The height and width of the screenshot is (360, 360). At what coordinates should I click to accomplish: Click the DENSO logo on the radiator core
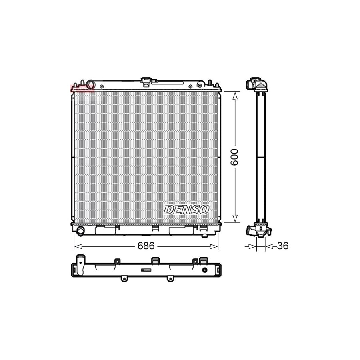coord(186,209)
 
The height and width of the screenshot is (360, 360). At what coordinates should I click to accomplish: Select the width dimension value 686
coord(146,246)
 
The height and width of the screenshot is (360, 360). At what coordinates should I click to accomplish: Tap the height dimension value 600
coord(235,157)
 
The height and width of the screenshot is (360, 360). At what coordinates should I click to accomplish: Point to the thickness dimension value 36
coord(282,246)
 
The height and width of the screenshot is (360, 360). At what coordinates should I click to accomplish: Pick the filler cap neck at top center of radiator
coord(146,81)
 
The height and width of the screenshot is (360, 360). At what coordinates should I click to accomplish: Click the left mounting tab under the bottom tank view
coord(124,278)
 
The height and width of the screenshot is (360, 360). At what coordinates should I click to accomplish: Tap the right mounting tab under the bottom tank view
coord(170,278)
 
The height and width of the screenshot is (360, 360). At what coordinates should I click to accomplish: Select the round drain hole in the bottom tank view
coord(205,270)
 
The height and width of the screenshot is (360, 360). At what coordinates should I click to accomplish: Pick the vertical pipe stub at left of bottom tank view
coord(81,259)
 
